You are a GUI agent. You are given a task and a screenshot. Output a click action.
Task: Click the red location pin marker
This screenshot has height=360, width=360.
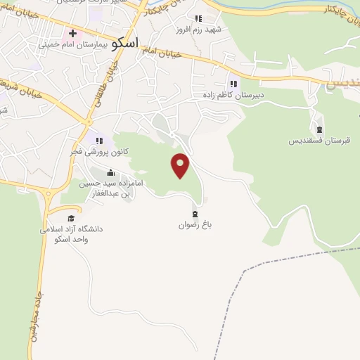[x=181, y=165]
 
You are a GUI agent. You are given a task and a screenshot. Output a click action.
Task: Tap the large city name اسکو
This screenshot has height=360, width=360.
[x=124, y=41]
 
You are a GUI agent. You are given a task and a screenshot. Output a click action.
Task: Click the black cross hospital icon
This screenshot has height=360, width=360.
[x=72, y=33]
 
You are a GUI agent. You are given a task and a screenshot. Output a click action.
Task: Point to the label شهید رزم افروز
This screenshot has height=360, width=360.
[x=200, y=30]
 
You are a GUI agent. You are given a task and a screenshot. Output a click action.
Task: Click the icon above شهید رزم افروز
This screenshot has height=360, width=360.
[x=198, y=19]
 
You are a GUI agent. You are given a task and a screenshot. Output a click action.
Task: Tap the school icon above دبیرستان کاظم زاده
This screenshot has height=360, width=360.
[x=233, y=84]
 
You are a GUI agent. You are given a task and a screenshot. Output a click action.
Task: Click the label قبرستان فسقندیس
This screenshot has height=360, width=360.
[x=319, y=141]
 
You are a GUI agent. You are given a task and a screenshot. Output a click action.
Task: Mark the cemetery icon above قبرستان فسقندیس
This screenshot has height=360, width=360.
[x=320, y=129]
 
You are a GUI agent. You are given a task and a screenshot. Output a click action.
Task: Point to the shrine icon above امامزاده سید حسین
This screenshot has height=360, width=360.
[x=109, y=172]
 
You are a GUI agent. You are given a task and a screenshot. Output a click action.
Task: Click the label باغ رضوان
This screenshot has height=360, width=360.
[x=194, y=226]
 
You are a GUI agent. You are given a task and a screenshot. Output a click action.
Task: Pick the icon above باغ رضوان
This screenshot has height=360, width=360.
[x=195, y=214]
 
